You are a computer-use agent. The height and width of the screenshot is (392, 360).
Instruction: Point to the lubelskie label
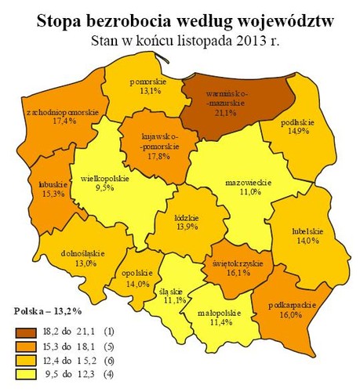[306, 231]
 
